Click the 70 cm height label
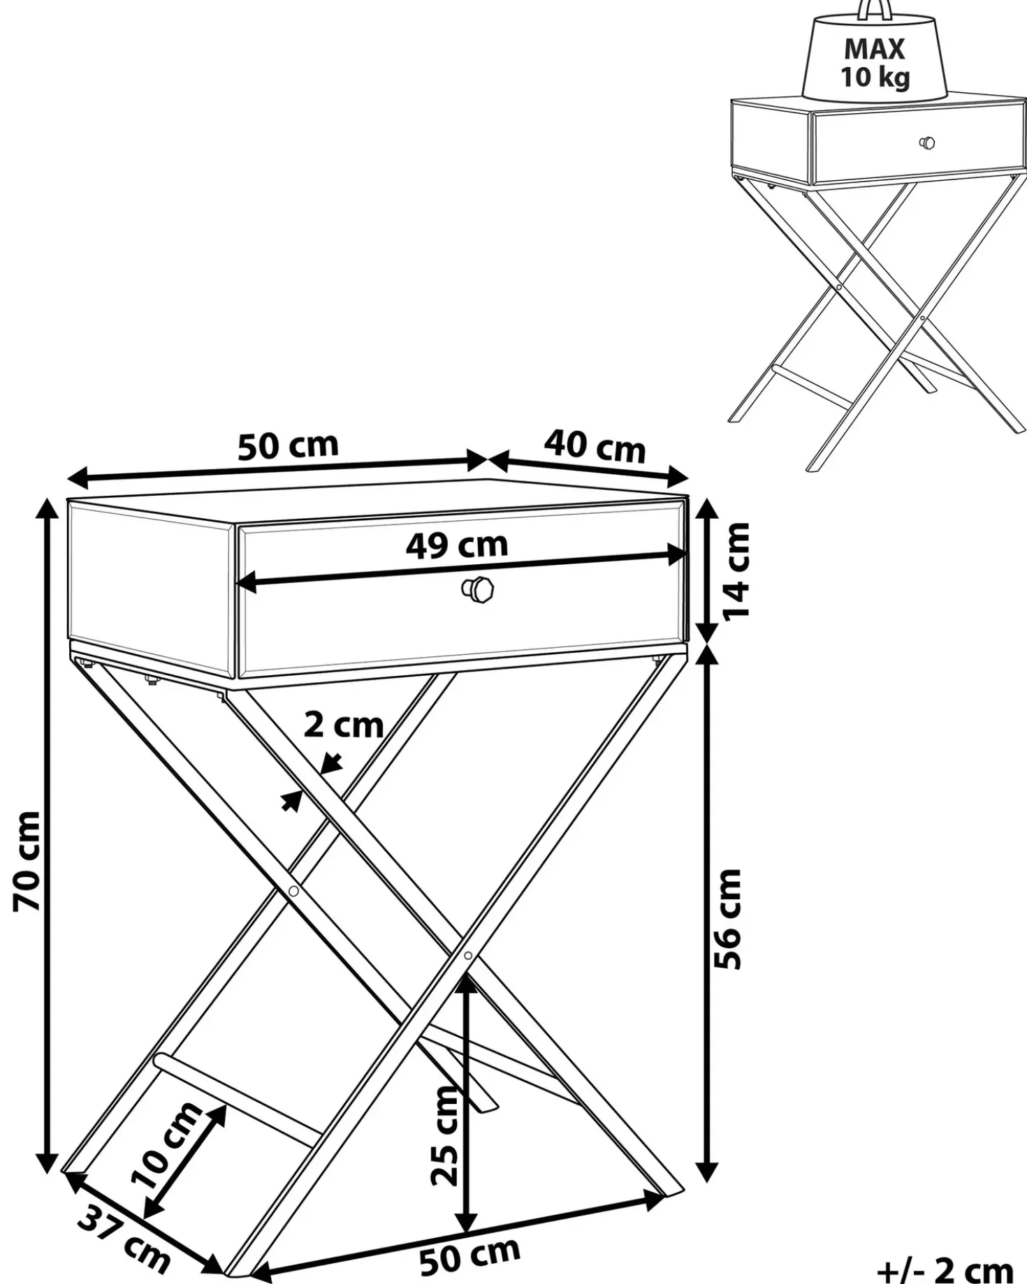click(27, 861)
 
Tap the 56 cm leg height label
click(728, 919)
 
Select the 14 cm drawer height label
click(736, 570)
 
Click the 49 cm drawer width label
click(457, 545)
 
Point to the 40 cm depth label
click(595, 447)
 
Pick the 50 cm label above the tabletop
click(288, 446)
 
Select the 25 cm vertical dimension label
click(445, 1136)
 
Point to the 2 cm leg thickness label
click(344, 725)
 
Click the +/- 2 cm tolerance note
click(945, 1268)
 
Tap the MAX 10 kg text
click(875, 63)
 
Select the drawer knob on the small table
click(927, 143)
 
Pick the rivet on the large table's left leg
click(293, 891)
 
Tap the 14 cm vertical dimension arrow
click(707, 570)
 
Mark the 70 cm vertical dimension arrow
click(48, 836)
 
